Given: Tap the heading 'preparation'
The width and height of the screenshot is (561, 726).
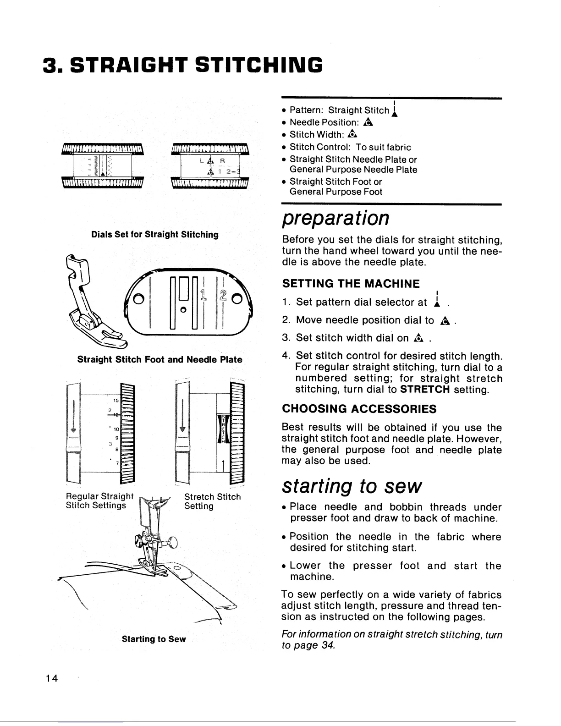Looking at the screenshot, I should (335, 219).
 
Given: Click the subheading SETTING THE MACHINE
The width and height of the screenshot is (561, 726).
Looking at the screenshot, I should (351, 284).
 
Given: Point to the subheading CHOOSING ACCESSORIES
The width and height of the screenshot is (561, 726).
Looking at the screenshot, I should (359, 408).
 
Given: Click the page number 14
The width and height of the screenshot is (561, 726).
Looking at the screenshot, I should (51, 679).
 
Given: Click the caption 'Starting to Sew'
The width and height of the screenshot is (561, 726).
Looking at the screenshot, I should (154, 639).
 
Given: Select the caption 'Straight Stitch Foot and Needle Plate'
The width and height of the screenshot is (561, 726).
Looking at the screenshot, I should (159, 359).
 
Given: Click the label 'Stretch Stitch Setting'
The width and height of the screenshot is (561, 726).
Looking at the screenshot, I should (212, 501).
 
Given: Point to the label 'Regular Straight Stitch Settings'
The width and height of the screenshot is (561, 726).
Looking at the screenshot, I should (99, 501).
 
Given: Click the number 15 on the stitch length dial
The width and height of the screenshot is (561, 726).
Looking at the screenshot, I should (116, 400).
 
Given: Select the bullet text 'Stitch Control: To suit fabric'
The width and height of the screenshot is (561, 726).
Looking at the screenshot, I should (350, 147).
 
